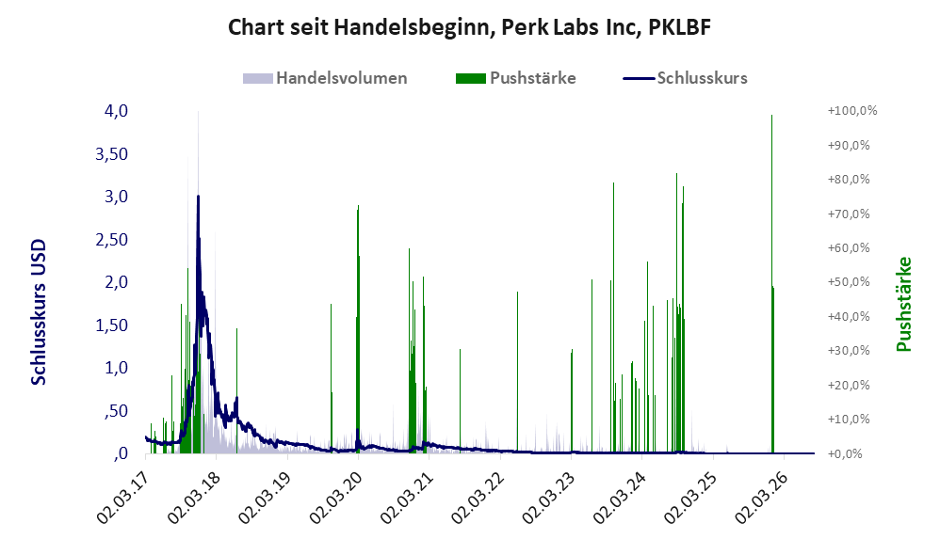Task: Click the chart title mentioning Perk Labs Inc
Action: point(469,27)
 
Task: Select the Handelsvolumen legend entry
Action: point(325,78)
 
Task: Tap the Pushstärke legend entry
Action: point(515,78)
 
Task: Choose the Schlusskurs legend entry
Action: point(685,78)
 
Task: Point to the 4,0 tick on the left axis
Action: point(116,111)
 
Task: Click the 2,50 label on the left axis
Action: point(111,240)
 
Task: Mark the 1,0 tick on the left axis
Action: point(116,368)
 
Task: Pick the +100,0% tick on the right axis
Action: point(851,111)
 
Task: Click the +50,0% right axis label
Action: point(849,282)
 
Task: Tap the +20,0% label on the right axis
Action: point(849,385)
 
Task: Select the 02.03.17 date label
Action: point(123,498)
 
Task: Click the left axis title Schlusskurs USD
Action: point(39,312)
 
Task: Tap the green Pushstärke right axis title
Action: point(903,304)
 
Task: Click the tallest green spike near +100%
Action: point(771,284)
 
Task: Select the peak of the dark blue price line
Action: point(198,197)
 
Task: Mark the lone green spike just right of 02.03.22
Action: point(517,373)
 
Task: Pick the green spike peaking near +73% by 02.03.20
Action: point(358,329)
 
